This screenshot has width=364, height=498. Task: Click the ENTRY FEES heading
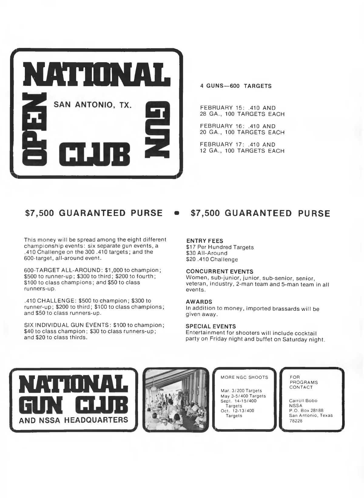(204, 241)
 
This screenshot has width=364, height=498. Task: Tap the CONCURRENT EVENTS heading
(220, 271)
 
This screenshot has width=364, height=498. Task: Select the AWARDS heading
(199, 302)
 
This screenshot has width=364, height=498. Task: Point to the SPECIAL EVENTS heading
(211, 327)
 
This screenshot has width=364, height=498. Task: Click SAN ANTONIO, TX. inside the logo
(93, 105)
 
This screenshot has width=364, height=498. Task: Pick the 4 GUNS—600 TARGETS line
(236, 86)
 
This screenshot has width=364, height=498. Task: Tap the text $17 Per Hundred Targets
(220, 247)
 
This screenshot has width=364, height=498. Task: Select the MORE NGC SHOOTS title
(244, 378)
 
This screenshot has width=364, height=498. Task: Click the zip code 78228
(296, 421)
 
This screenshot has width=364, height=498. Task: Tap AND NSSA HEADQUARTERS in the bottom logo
(73, 420)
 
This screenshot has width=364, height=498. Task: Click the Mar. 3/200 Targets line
(241, 391)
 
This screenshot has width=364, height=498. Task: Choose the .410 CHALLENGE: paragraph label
(50, 301)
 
